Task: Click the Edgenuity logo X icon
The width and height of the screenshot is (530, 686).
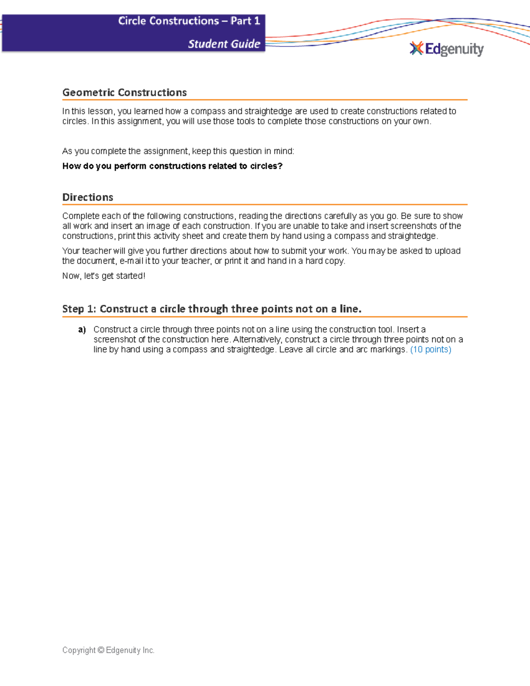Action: [x=416, y=48]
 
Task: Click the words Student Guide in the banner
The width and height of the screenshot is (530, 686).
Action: [x=224, y=44]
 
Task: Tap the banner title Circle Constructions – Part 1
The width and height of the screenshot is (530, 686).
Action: [x=189, y=21]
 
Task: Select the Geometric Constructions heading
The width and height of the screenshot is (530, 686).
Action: [x=125, y=92]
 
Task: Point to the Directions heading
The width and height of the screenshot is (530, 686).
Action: [x=88, y=197]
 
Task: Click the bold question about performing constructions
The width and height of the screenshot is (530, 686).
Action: [x=172, y=166]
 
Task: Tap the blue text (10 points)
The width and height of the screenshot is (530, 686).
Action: [x=431, y=349]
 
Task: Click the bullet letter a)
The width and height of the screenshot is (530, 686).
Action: [x=82, y=330]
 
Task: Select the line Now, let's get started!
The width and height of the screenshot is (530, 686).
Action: [x=104, y=276]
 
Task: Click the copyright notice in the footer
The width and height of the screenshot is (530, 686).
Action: [x=109, y=650]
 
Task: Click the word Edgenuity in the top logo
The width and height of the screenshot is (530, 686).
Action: [x=454, y=49]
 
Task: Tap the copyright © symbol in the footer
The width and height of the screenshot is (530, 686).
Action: [x=101, y=650]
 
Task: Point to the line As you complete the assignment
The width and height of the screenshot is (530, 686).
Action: [x=178, y=151]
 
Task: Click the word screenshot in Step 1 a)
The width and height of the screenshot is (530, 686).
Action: [x=114, y=340]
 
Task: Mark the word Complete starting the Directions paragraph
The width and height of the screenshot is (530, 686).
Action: [x=81, y=216]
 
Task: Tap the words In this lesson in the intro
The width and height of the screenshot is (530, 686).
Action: [x=88, y=111]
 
